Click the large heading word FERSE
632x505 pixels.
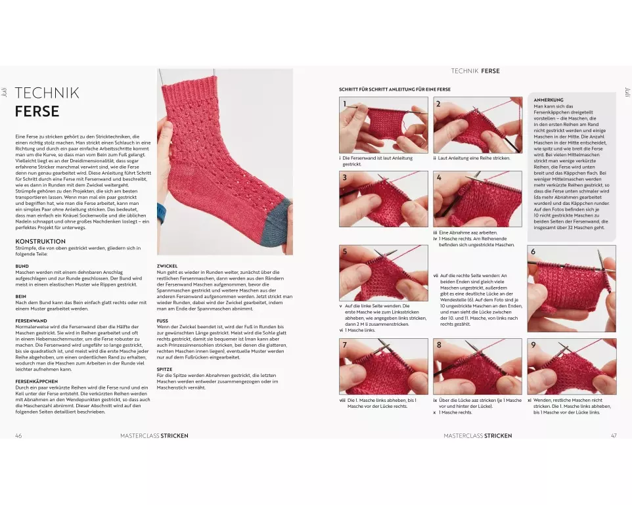[x=37, y=111]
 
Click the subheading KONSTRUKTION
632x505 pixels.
[x=40, y=242]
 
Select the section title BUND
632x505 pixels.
[x=22, y=266]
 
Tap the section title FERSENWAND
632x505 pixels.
[x=32, y=321]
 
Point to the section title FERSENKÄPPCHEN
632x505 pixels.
[x=37, y=382]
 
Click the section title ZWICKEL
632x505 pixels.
[x=168, y=266]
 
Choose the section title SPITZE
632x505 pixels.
[x=164, y=369]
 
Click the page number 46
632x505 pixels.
[x=18, y=435]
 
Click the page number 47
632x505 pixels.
[x=614, y=435]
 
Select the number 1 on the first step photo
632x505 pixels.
[x=345, y=104]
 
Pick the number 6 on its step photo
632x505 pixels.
[x=533, y=252]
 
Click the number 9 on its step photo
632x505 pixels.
[x=533, y=345]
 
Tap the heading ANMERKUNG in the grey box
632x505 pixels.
[x=549, y=100]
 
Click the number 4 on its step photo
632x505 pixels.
[x=439, y=178]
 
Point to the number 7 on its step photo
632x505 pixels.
[x=345, y=345]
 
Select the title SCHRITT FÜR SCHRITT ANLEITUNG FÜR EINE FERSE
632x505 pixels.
[x=395, y=89]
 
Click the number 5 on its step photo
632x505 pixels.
[x=345, y=252]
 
